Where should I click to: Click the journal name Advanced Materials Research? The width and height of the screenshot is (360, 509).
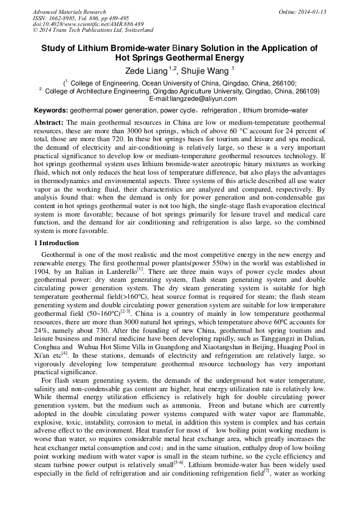69,12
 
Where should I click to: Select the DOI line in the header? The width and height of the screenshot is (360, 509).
88,24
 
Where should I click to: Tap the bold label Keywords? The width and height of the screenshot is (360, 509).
51,111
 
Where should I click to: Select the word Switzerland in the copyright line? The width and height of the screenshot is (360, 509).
135,30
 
